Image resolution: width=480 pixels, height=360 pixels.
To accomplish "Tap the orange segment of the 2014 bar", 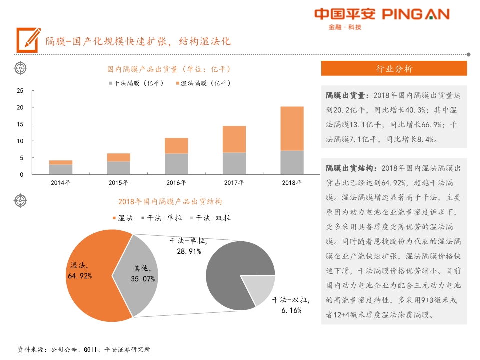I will [60, 162].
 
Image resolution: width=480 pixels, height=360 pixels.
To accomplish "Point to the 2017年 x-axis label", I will [234, 183].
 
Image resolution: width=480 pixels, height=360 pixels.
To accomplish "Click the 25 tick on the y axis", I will [20, 91].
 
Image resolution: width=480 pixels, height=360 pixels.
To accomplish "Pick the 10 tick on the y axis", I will [20, 141].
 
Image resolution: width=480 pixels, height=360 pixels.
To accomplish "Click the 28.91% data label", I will [189, 251].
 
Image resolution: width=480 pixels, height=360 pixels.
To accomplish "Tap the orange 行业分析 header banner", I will [394, 69].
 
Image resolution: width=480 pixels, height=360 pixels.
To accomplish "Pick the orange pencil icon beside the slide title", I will [28, 39].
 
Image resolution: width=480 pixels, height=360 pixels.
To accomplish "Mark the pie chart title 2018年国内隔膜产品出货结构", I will [170, 202].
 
